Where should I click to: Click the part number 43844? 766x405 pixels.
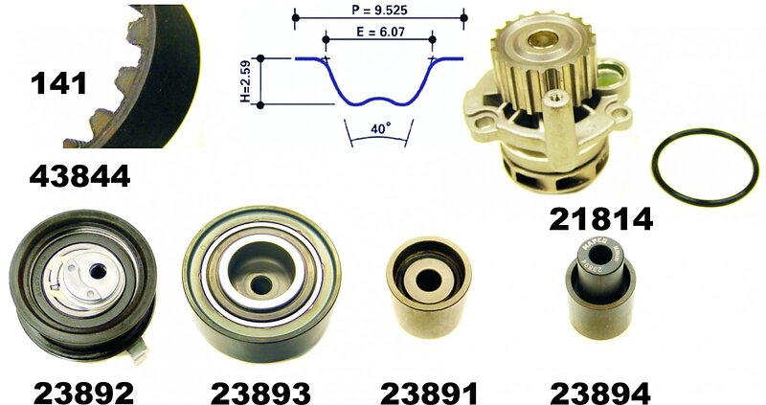click(x=79, y=176)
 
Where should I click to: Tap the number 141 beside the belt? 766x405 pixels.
click(x=58, y=82)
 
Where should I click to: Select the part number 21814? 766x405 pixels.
click(x=601, y=219)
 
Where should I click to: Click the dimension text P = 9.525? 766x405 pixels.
click(x=379, y=10)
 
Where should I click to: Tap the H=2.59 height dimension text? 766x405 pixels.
click(x=245, y=81)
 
